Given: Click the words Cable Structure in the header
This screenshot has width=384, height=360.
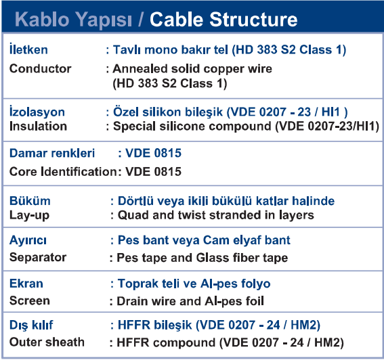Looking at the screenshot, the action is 223,20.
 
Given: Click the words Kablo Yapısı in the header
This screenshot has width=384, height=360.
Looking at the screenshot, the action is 73,20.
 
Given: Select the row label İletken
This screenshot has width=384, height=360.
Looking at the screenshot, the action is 28,49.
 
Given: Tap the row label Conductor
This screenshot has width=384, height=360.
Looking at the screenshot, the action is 40,68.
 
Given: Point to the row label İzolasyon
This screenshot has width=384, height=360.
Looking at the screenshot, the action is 37,112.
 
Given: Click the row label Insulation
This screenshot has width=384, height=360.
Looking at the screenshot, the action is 38,127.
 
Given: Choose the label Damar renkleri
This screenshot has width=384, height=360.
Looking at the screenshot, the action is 52,153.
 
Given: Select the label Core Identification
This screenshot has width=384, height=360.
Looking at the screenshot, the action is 63,172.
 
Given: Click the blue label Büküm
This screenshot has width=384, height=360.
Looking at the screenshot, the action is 30,201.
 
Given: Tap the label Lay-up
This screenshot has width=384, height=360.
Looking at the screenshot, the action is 29,216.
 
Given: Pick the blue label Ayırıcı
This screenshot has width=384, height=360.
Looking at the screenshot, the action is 28,241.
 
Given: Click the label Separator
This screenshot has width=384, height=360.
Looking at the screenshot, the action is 38,257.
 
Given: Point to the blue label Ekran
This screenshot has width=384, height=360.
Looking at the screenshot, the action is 26,284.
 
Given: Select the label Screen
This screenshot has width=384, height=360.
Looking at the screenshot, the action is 29,300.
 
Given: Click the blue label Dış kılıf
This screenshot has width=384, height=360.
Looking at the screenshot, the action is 31,325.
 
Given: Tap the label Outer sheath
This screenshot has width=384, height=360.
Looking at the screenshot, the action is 47,342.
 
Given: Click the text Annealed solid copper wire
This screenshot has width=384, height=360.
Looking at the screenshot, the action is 192,68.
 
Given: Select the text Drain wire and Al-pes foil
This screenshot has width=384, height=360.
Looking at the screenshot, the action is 190,301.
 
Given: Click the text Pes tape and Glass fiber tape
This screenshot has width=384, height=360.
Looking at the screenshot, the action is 202,258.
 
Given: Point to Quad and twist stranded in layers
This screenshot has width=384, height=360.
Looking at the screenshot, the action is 216,215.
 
